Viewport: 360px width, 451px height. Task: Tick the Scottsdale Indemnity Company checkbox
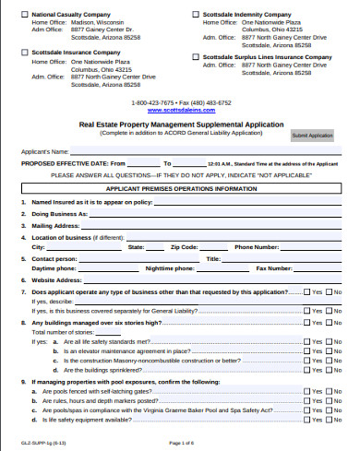pyautogui.click(x=196, y=15)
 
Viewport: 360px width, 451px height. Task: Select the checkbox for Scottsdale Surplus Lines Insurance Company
pyautogui.click(x=196, y=56)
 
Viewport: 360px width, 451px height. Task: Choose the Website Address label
pyautogui.click(x=57, y=279)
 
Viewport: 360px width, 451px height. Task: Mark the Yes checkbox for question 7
pyautogui.click(x=306, y=291)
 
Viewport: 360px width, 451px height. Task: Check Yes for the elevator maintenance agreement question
pyautogui.click(x=306, y=351)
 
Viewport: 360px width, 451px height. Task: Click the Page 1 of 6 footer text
pyautogui.click(x=181, y=445)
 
